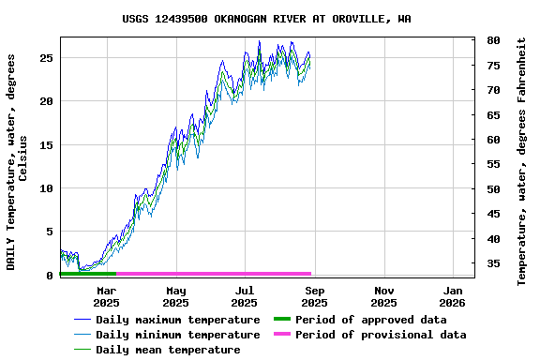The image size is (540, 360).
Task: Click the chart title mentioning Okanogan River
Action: pyautogui.click(x=266, y=19)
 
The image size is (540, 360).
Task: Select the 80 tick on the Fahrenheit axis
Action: pyautogui.click(x=493, y=41)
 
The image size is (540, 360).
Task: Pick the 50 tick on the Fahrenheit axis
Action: pyautogui.click(x=493, y=189)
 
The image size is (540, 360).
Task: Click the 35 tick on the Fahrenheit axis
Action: pyautogui.click(x=493, y=263)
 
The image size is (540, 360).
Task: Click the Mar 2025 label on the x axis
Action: pyautogui.click(x=106, y=296)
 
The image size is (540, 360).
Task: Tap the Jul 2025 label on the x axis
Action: pyautogui.click(x=244, y=296)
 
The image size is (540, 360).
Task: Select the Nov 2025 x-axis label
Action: pyautogui.click(x=383, y=296)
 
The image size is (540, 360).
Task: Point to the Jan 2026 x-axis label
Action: pyautogui.click(x=453, y=296)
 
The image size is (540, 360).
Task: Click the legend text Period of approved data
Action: pyautogui.click(x=370, y=320)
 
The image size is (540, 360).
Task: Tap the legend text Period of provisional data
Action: pyautogui.click(x=380, y=335)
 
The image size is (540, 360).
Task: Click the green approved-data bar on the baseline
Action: pyautogui.click(x=87, y=274)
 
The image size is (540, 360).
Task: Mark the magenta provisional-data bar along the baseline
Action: pyautogui.click(x=214, y=274)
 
